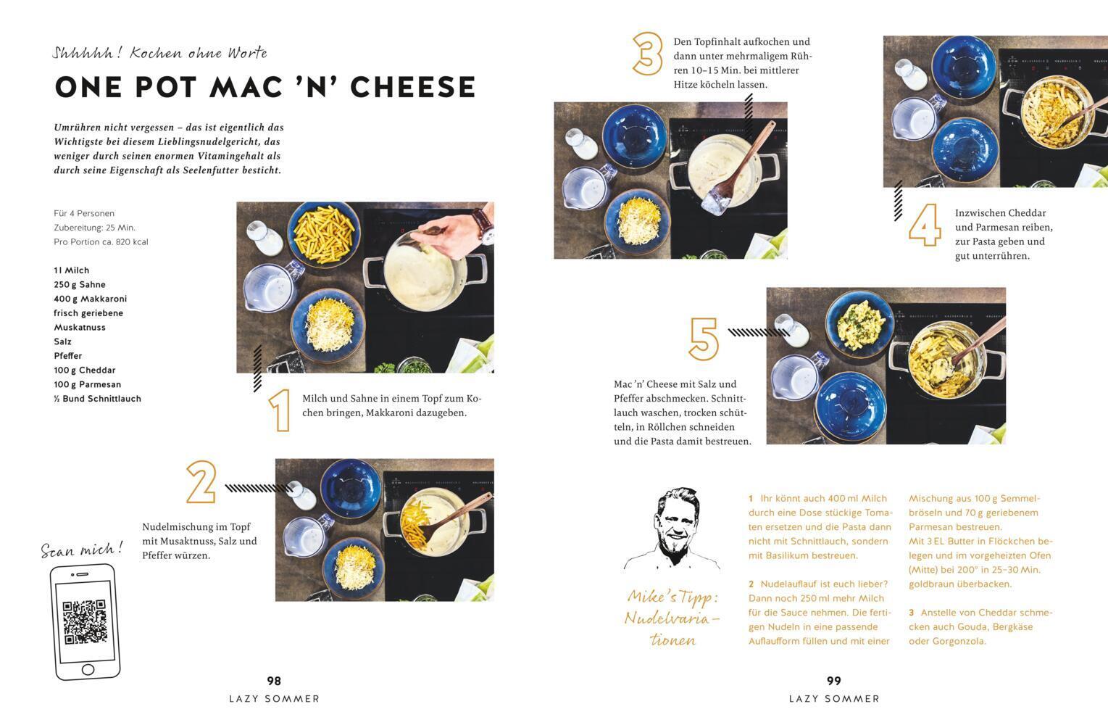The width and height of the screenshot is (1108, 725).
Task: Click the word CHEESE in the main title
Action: click(412, 87)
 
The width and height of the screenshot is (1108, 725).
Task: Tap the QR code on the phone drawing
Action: click(85, 621)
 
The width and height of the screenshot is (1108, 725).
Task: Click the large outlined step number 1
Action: click(280, 410)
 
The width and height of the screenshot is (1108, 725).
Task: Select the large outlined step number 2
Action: click(201, 482)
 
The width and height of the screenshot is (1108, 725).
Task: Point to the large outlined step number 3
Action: click(648, 54)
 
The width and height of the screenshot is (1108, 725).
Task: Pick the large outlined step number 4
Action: click(925, 225)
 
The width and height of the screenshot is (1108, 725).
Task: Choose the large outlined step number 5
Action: click(704, 339)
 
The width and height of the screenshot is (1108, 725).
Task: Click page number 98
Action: click(274, 681)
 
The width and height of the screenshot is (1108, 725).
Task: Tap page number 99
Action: click(834, 681)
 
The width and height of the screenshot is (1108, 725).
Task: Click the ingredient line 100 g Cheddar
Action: click(85, 370)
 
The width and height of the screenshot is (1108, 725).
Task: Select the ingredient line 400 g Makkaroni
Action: click(91, 299)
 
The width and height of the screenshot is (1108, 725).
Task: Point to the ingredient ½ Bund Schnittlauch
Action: click(97, 399)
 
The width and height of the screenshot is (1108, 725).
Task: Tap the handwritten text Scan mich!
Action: click(82, 550)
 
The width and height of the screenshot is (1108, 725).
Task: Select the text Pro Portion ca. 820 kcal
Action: click(101, 242)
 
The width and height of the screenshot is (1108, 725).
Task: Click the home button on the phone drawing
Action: click(88, 670)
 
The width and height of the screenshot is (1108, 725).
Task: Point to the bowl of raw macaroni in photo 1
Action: click(324, 234)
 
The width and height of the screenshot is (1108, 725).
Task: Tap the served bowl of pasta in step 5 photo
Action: click(859, 324)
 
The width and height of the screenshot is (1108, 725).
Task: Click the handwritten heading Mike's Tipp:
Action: click(672, 597)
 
